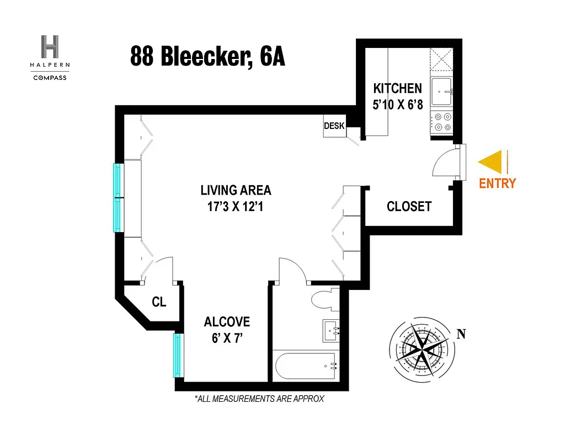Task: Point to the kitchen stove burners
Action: [x=441, y=122]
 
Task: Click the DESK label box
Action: [x=334, y=126]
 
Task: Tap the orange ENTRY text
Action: [x=497, y=184]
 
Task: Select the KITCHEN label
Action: [x=397, y=88]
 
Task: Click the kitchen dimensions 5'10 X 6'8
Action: [x=397, y=104]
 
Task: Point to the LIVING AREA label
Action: [x=236, y=191]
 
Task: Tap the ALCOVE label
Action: [x=227, y=322]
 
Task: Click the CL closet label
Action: [x=159, y=302]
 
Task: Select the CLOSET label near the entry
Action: [x=409, y=207]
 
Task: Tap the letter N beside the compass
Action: [x=461, y=334]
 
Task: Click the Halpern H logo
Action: [x=50, y=47]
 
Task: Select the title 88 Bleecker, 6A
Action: [x=207, y=56]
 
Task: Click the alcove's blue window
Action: [x=178, y=354]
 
